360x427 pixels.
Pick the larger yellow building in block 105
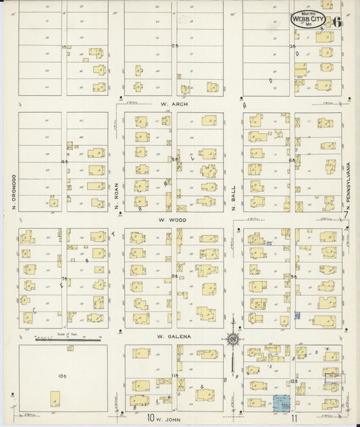click(x=53, y=399)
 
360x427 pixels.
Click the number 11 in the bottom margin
click(x=294, y=419)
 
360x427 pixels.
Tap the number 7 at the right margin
click(x=346, y=215)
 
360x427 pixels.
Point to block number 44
click(x=65, y=162)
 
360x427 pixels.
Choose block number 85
click(x=174, y=276)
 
